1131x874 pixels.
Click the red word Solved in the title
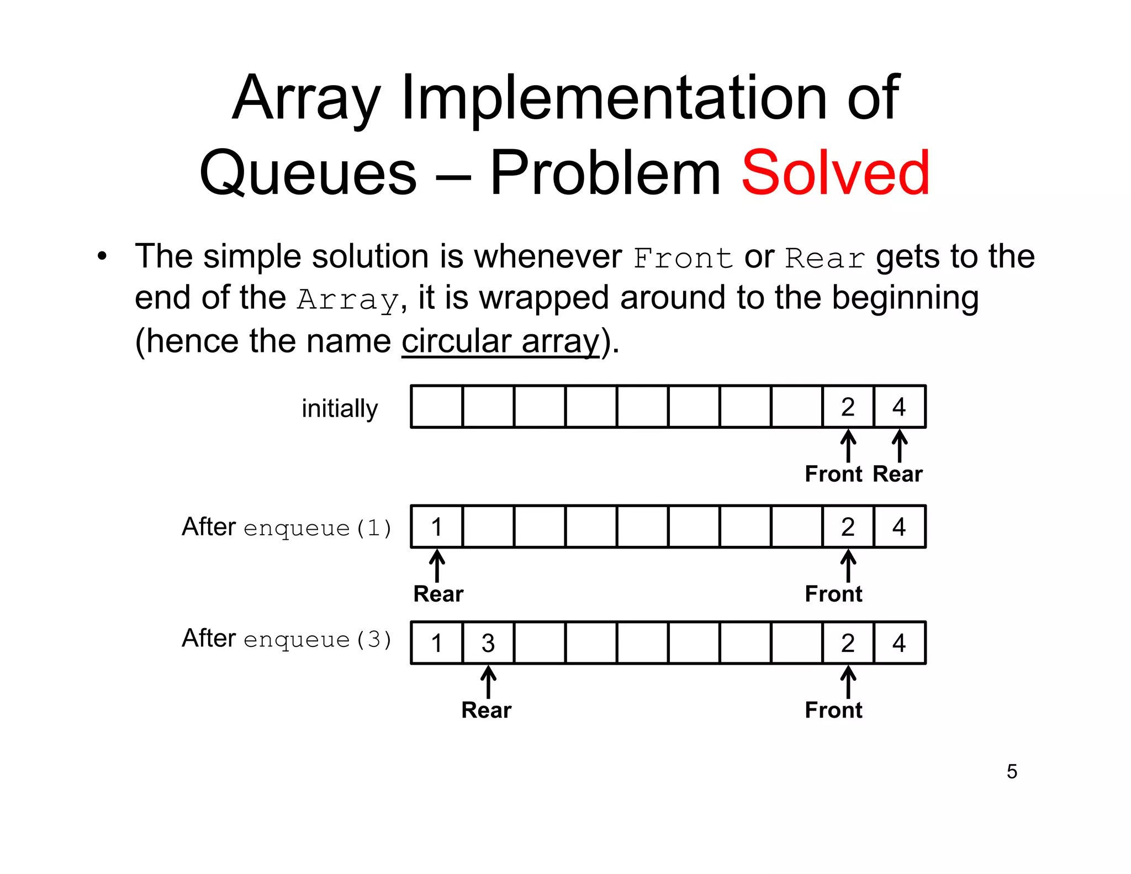point(835,173)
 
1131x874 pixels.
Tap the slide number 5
point(1012,771)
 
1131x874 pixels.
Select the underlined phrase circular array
point(500,341)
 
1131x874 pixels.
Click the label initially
point(340,409)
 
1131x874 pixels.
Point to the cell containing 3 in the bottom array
point(488,643)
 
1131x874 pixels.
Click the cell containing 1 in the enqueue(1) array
point(437,527)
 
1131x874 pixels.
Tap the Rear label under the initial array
point(897,474)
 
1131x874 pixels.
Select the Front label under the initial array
point(833,474)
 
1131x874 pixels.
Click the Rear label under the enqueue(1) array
point(438,594)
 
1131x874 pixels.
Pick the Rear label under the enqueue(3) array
point(487,710)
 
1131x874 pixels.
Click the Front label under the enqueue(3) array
point(833,710)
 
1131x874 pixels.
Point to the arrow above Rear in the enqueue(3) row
point(488,682)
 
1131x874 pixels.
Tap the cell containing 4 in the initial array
point(900,407)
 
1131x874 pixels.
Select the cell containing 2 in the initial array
point(848,407)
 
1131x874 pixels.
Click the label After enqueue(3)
point(287,639)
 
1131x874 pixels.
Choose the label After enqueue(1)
point(287,527)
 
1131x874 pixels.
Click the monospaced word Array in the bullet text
point(347,300)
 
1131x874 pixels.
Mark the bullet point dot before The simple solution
point(102,256)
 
